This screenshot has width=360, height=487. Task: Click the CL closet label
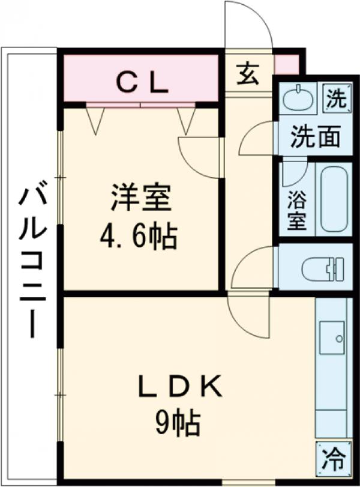[x=142, y=84]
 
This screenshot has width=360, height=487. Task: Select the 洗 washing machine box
[x=337, y=98]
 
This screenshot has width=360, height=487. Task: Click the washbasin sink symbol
[x=299, y=97]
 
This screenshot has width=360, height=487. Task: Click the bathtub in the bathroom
[x=334, y=199]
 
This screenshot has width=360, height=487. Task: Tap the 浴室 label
[x=297, y=210]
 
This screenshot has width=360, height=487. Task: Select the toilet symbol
[x=323, y=268]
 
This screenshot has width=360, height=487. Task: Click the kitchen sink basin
[x=332, y=337]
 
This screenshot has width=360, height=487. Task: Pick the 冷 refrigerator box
[x=334, y=458]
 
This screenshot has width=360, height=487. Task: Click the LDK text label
[x=180, y=387]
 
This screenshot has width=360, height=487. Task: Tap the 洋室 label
[x=142, y=198]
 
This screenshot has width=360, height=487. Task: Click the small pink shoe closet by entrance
[x=286, y=65]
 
